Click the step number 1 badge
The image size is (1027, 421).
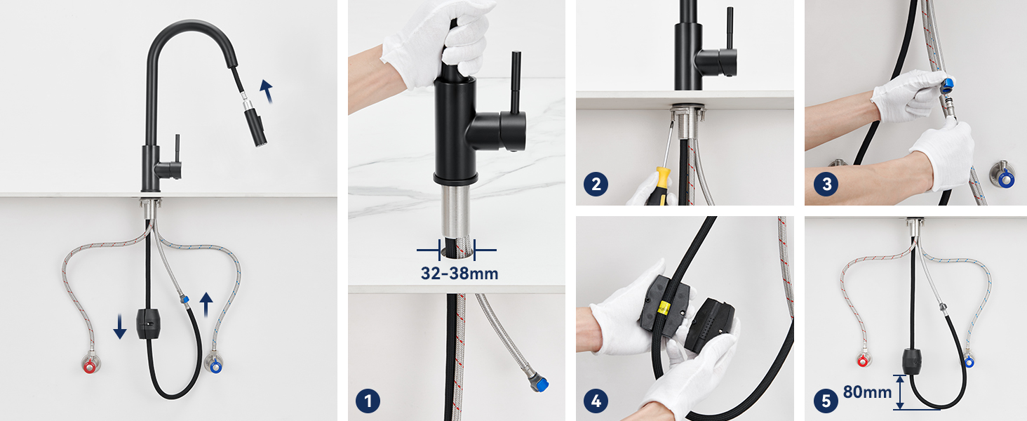(368, 401)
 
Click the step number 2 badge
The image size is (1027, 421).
(596, 184)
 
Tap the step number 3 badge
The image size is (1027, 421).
(826, 184)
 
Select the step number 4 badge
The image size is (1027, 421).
(596, 401)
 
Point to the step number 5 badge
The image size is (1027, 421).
(826, 401)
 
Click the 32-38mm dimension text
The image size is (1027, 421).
(459, 274)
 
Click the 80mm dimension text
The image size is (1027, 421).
(867, 392)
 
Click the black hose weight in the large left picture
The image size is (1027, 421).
(147, 323)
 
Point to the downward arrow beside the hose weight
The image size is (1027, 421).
(120, 326)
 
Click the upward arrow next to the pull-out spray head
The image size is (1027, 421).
(267, 91)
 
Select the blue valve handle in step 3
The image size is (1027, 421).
(1005, 178)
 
